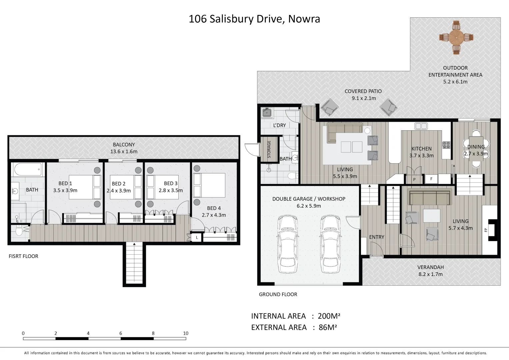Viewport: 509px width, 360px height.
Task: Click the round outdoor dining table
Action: click(x=456, y=37)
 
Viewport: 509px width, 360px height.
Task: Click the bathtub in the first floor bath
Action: click(x=28, y=170)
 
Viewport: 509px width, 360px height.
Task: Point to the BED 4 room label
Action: click(x=214, y=208)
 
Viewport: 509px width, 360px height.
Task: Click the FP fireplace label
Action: click(x=486, y=230)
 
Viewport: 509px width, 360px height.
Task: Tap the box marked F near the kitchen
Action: click(x=431, y=179)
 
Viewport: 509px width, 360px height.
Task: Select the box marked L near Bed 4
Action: click(x=197, y=238)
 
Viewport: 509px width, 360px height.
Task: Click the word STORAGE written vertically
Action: click(x=269, y=149)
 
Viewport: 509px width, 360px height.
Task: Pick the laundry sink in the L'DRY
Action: click(x=267, y=113)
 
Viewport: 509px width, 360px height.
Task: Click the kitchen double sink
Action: click(x=421, y=126)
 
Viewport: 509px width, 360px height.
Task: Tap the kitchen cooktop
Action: click(x=446, y=145)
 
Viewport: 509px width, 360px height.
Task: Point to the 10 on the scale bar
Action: click(x=186, y=333)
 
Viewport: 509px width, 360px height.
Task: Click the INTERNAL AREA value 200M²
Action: click(x=329, y=316)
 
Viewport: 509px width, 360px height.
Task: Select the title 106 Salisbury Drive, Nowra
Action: click(x=254, y=19)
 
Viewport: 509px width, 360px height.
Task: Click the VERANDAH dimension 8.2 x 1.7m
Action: click(x=430, y=274)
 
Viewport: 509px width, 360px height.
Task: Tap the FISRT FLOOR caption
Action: click(x=23, y=256)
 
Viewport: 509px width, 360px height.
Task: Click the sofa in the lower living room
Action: click(x=430, y=197)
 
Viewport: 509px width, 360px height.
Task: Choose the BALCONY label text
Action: click(x=124, y=145)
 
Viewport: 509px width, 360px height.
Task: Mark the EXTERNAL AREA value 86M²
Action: click(x=327, y=327)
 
